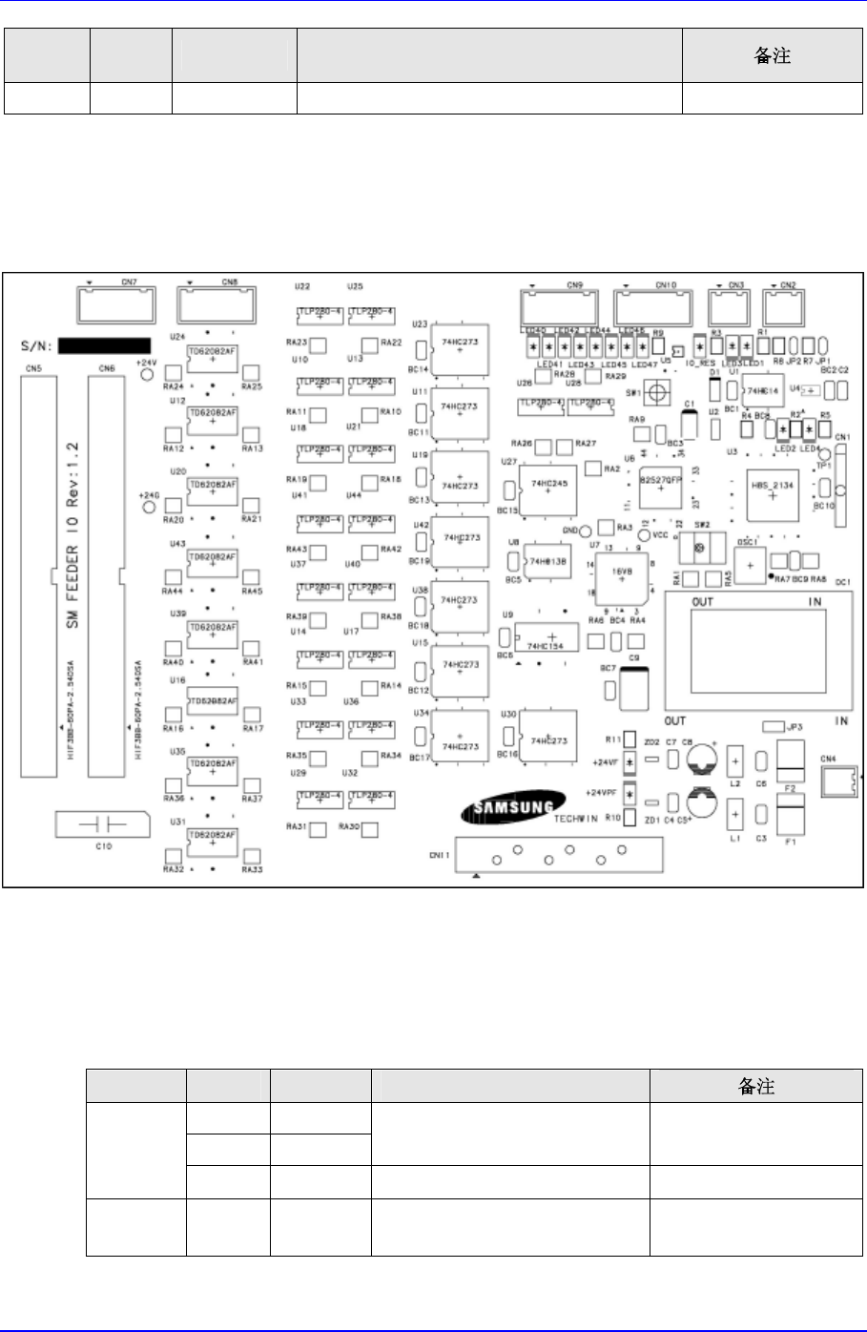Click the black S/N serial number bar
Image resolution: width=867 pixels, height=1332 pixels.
pyautogui.click(x=104, y=344)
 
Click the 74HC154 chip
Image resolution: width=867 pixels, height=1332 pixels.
pyautogui.click(x=549, y=636)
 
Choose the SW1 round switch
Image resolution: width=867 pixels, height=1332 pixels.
pyautogui.click(x=655, y=392)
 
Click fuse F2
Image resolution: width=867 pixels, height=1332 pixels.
pyautogui.click(x=790, y=764)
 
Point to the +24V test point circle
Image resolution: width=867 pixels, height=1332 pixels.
pyautogui.click(x=147, y=376)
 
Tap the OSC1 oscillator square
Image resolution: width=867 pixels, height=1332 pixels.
pyautogui.click(x=750, y=565)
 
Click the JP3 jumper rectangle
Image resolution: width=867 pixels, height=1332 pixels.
pyautogui.click(x=774, y=727)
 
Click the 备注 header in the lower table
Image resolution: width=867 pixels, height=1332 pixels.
pyautogui.click(x=756, y=1086)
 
